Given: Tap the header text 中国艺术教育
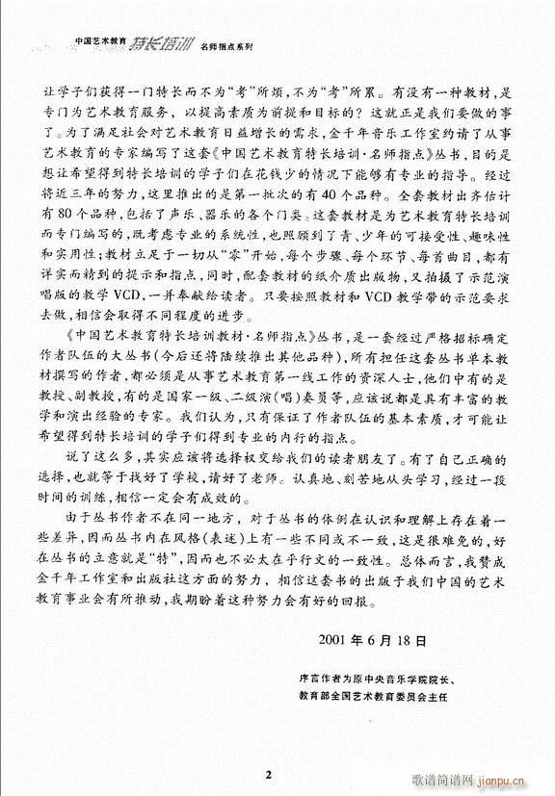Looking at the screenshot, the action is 101,42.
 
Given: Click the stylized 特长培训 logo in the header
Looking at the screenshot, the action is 162,42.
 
